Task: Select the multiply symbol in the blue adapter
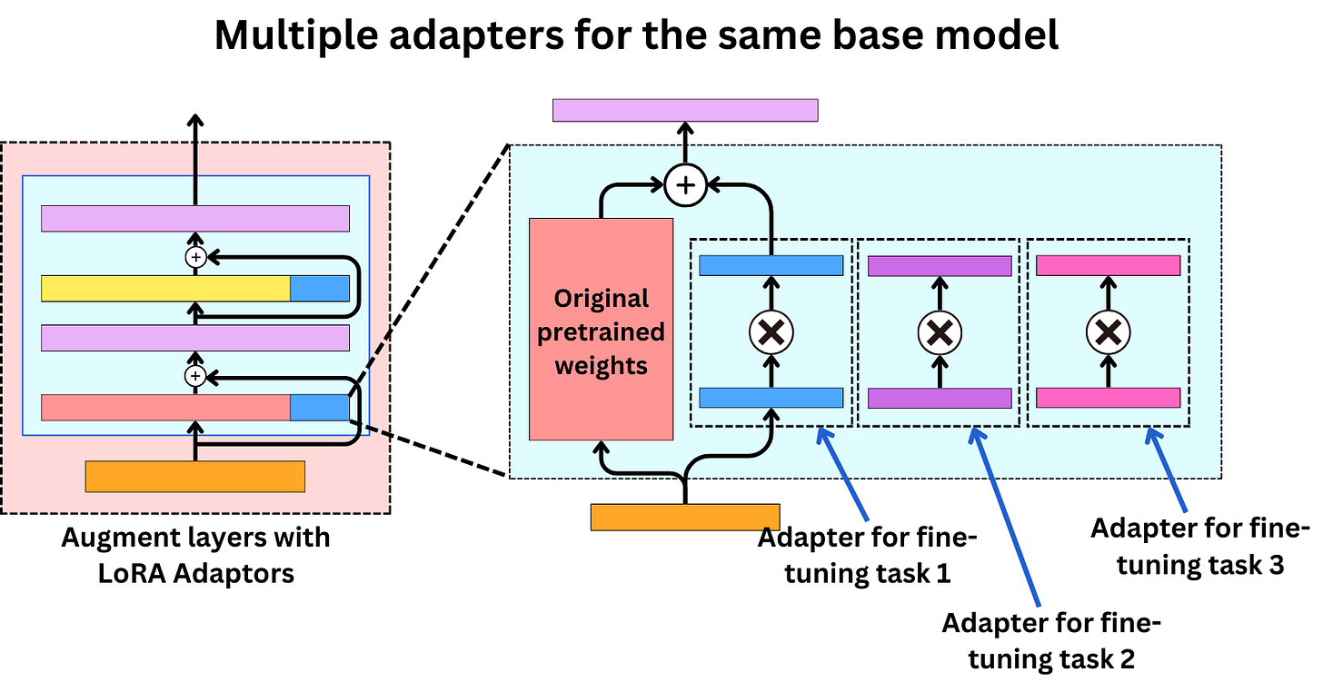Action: coord(771,332)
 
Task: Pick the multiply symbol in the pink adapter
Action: coord(1108,332)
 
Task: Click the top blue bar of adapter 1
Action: coord(771,265)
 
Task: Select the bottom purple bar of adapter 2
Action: coord(940,398)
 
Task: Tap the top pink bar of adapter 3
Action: coord(1108,265)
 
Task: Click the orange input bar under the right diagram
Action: coord(685,516)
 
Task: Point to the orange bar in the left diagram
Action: coord(194,477)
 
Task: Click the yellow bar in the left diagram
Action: coord(165,289)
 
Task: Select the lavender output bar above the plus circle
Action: coord(685,110)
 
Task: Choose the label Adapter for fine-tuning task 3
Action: coord(1200,546)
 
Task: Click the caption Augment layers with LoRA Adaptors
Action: coord(195,556)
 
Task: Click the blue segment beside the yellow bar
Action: coord(320,289)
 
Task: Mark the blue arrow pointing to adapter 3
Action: coord(1169,471)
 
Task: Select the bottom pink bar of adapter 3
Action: coord(1108,398)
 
